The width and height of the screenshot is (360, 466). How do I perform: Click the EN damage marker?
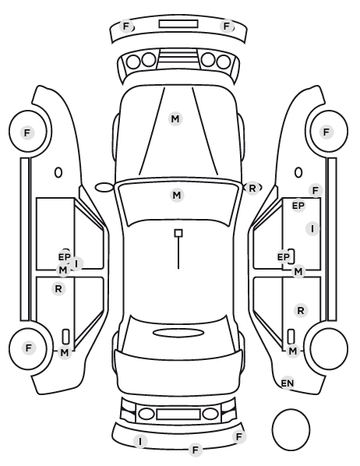click(x=288, y=383)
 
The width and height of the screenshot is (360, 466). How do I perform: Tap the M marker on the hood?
click(x=175, y=119)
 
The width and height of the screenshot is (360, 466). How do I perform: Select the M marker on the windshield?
click(x=177, y=196)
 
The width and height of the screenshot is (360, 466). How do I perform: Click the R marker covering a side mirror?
click(x=252, y=188)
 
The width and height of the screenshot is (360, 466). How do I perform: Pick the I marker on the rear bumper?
click(x=140, y=441)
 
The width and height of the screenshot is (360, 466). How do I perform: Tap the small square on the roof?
click(x=178, y=233)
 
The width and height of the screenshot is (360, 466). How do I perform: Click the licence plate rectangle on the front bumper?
click(x=178, y=24)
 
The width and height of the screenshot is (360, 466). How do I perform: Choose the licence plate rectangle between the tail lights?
click(x=178, y=415)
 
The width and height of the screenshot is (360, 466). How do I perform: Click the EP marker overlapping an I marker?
click(x=65, y=256)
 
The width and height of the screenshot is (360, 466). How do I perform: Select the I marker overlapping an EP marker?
click(x=76, y=263)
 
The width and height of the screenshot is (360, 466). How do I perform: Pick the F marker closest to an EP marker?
click(x=316, y=190)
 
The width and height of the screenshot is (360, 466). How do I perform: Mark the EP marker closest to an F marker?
click(x=298, y=206)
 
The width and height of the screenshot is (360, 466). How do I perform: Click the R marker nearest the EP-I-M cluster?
click(x=58, y=288)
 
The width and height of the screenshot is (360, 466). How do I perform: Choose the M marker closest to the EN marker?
click(x=292, y=351)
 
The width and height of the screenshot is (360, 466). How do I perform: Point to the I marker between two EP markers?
click(x=312, y=229)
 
